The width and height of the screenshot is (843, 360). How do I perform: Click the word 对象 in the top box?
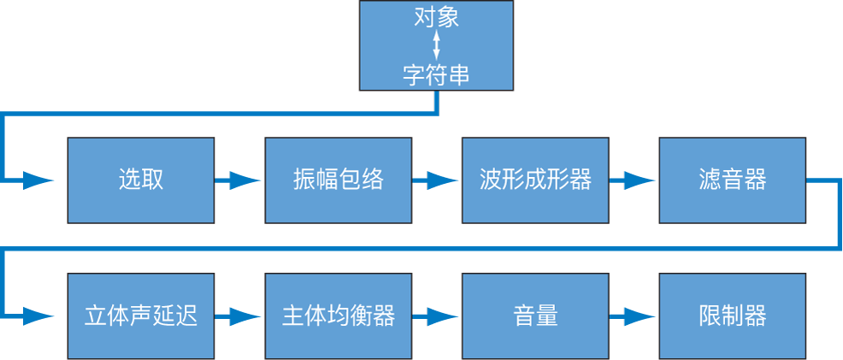(x=436, y=17)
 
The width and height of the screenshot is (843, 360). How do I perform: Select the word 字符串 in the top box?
(x=436, y=75)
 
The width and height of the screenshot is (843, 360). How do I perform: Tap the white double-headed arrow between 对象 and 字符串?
(x=437, y=46)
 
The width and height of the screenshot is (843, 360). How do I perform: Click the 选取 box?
(x=140, y=180)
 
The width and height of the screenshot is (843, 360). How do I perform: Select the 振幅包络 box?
(x=338, y=180)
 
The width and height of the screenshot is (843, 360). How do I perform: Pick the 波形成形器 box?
(x=535, y=180)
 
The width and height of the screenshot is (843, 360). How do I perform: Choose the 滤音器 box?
(x=732, y=180)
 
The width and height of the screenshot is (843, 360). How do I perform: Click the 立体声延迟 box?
(x=140, y=316)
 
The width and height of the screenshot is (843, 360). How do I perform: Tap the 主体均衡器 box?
(x=338, y=316)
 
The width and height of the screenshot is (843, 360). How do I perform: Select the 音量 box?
(x=535, y=316)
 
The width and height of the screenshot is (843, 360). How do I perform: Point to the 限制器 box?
(x=732, y=316)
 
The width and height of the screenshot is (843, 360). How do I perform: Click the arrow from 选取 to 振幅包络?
(x=239, y=180)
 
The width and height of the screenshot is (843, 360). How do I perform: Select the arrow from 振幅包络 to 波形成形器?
(x=436, y=180)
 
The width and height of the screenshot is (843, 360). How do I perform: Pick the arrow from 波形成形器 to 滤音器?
(x=634, y=180)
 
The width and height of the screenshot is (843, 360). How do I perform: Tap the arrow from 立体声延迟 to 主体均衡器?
(x=239, y=316)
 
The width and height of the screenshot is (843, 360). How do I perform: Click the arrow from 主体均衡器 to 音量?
(x=436, y=316)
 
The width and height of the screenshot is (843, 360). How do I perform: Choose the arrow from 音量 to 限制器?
(x=634, y=316)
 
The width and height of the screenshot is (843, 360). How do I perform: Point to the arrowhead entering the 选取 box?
(x=38, y=180)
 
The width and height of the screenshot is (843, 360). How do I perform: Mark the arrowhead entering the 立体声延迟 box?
(x=38, y=316)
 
